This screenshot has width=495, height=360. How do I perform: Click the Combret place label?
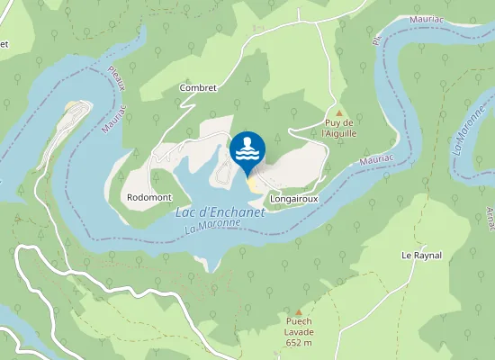(x=198, y=87)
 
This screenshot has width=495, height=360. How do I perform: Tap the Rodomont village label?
(x=145, y=195)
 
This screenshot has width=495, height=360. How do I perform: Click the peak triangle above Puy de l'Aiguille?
(x=339, y=112)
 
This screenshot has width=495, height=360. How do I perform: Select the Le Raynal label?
(x=420, y=256)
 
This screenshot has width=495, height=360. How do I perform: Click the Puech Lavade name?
(x=299, y=326)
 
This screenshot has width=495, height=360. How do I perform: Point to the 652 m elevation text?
(x=299, y=342)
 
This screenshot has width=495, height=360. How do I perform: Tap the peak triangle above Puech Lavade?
(x=299, y=311)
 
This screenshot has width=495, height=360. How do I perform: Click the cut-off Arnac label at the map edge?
(x=490, y=215)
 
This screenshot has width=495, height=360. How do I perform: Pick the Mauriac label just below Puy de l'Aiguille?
(x=375, y=158)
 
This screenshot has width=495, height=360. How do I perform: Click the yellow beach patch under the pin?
(x=252, y=184)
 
